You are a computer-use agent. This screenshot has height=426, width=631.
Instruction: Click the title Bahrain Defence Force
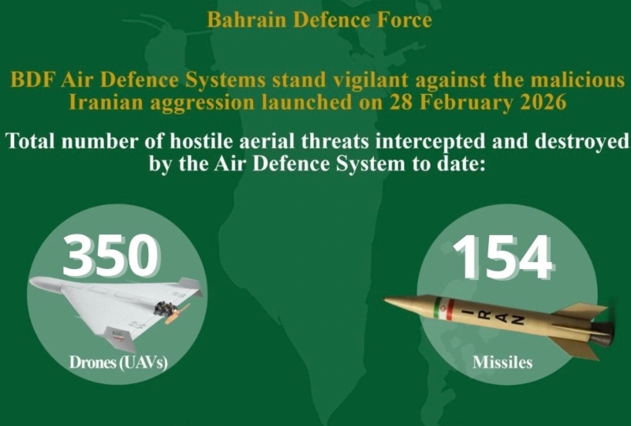[x=319, y=21]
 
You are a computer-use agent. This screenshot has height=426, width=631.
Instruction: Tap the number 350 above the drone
[x=111, y=256]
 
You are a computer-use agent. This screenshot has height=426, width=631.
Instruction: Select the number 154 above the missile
[x=503, y=257]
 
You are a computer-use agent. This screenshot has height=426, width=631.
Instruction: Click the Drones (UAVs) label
[x=118, y=362]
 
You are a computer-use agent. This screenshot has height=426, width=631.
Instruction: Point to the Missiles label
[x=502, y=362]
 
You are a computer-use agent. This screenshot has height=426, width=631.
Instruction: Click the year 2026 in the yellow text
[x=543, y=103]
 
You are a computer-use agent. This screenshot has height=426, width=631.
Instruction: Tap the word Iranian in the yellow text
[x=106, y=103]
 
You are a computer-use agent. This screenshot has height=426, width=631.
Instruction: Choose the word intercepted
[x=428, y=142]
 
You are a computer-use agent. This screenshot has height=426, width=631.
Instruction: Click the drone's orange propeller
[x=177, y=315]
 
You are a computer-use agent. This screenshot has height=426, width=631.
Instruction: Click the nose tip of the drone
[x=32, y=282]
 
